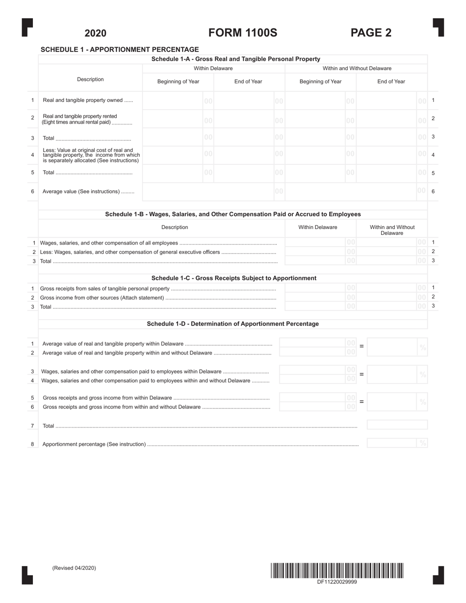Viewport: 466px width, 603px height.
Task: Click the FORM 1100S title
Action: pyautogui.click(x=243, y=33)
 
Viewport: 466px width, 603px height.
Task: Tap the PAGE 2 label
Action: pyautogui.click(x=371, y=33)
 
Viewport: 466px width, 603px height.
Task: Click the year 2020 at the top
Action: pyautogui.click(x=95, y=33)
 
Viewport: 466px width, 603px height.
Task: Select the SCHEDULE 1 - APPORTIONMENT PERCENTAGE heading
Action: pyautogui.click(x=120, y=50)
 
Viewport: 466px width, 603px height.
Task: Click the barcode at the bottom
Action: pyautogui.click(x=337, y=571)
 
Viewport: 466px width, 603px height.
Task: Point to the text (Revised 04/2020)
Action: pyautogui.click(x=74, y=568)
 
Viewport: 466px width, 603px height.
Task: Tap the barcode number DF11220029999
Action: pyautogui.click(x=337, y=582)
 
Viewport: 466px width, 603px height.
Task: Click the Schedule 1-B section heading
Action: pyautogui.click(x=233, y=214)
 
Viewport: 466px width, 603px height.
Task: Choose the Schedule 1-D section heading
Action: pyautogui.click(x=233, y=324)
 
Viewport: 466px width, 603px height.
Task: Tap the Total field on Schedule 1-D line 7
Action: pyautogui.click(x=397, y=425)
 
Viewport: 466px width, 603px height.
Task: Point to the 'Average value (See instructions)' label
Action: pyautogui.click(x=88, y=192)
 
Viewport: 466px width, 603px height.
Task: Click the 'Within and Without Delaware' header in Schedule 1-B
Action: pyautogui.click(x=392, y=230)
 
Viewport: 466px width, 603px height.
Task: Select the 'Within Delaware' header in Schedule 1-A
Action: pyautogui.click(x=213, y=69)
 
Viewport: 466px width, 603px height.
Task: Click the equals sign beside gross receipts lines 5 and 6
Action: pyautogui.click(x=362, y=402)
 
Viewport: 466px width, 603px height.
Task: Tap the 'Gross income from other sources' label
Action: pyautogui.click(x=102, y=298)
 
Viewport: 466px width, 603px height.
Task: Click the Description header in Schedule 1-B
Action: pyautogui.click(x=175, y=227)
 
